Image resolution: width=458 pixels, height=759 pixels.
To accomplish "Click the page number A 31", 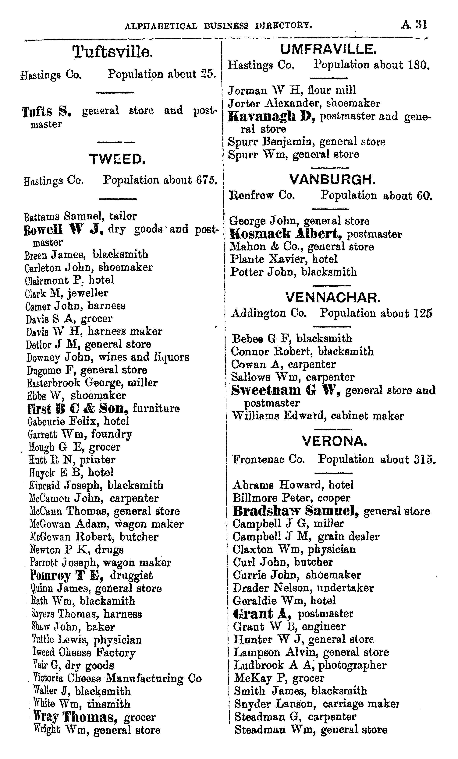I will click(x=414, y=24).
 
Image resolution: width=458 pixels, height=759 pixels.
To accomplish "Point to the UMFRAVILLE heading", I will click(x=328, y=49).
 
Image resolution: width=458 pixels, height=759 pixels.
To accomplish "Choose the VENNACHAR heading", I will click(x=332, y=298).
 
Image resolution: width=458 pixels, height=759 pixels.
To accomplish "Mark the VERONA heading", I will click(x=334, y=441).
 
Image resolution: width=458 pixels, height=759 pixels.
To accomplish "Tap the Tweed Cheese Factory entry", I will click(x=84, y=652).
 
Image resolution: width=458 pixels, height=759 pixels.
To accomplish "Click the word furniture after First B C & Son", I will click(x=156, y=408).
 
